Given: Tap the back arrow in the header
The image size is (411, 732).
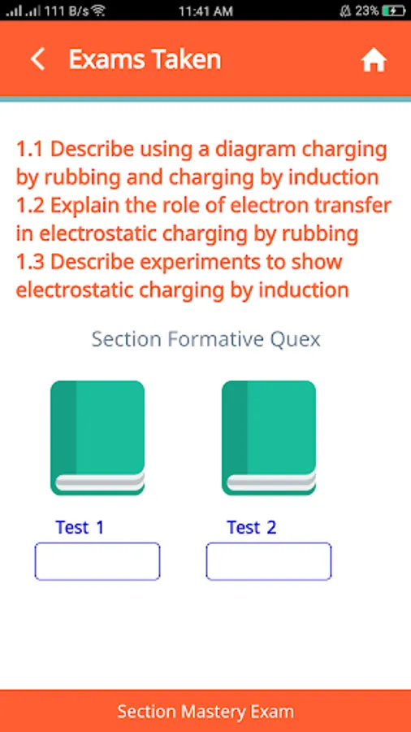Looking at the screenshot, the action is pyautogui.click(x=37, y=59).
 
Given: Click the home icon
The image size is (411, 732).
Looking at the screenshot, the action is pyautogui.click(x=374, y=60).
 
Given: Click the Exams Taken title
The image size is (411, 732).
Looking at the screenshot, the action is pyautogui.click(x=145, y=59).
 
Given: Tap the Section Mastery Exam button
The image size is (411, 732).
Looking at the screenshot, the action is pyautogui.click(x=205, y=711).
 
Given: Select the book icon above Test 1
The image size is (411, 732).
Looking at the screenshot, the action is pyautogui.click(x=97, y=438).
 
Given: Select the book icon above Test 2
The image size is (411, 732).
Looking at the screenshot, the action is pyautogui.click(x=269, y=438).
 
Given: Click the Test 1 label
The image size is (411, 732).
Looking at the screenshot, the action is pyautogui.click(x=80, y=527).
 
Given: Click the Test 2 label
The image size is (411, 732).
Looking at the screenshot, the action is pyautogui.click(x=252, y=527).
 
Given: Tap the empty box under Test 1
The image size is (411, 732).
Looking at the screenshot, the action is pyautogui.click(x=97, y=561).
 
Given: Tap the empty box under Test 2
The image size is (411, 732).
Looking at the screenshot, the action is pyautogui.click(x=269, y=561).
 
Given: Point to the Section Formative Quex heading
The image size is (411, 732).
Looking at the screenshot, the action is pyautogui.click(x=206, y=339).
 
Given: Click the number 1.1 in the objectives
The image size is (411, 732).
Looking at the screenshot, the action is pyautogui.click(x=30, y=150).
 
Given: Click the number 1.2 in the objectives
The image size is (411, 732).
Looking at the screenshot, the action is pyautogui.click(x=30, y=206).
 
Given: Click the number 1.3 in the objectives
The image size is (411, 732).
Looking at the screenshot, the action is pyautogui.click(x=30, y=261).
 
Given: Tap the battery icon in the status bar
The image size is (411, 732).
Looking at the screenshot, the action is pyautogui.click(x=394, y=11).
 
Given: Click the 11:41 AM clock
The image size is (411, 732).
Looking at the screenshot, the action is pyautogui.click(x=205, y=11).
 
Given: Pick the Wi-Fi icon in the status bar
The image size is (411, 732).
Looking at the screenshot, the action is pyautogui.click(x=98, y=11).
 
